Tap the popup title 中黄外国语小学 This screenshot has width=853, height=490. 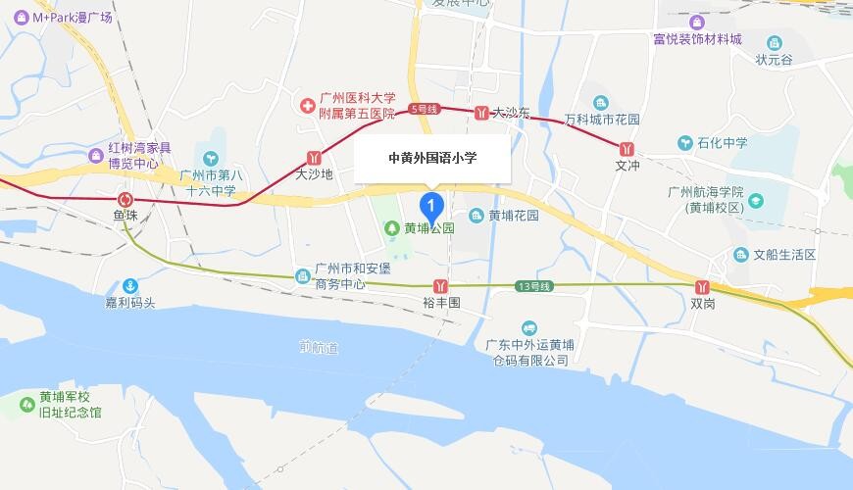[432, 157]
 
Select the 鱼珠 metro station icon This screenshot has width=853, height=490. [125, 194]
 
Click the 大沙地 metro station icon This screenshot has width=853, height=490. [315, 156]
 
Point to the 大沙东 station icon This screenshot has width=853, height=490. [481, 113]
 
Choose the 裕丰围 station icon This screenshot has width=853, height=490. [442, 286]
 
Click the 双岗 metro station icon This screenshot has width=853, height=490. [702, 286]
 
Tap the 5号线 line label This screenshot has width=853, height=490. [424, 108]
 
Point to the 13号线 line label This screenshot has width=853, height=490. [534, 285]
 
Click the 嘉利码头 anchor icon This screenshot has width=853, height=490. [129, 284]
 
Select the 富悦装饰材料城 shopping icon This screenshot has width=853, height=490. [697, 22]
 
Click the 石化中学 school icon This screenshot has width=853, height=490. [684, 143]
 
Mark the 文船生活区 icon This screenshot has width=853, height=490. [741, 255]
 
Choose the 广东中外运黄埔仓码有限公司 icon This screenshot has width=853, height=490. [529, 327]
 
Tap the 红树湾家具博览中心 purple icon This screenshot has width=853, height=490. [95, 155]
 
